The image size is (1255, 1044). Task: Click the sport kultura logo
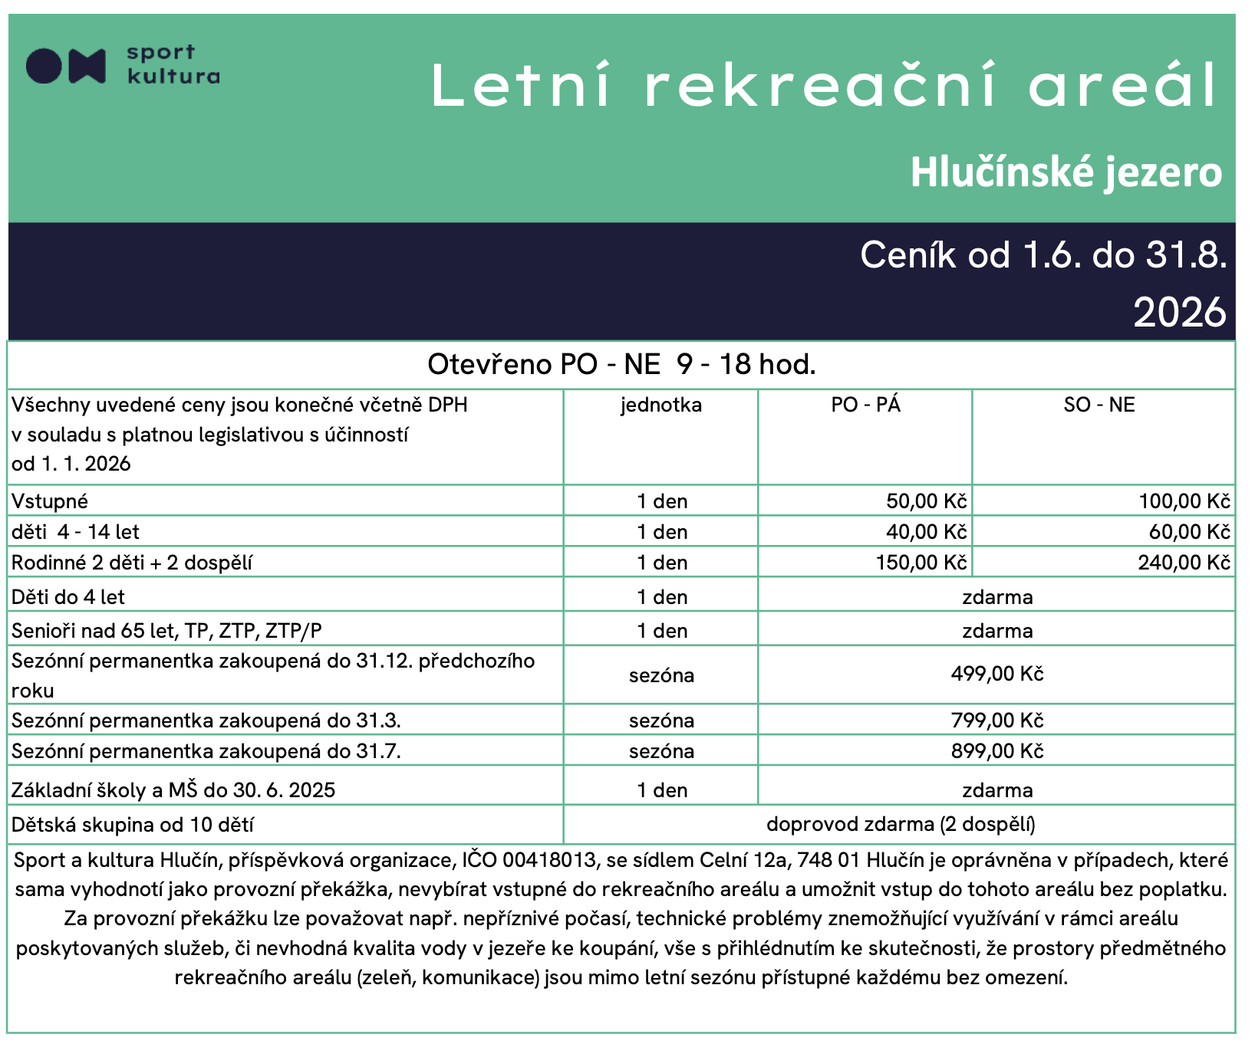click(x=123, y=65)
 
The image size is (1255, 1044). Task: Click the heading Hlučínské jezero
click(x=1066, y=172)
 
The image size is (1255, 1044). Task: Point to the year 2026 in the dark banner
click(x=1180, y=313)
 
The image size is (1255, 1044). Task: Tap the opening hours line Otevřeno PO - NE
click(x=621, y=364)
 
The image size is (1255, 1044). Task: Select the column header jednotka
click(x=661, y=405)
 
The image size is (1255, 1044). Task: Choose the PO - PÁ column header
click(x=865, y=405)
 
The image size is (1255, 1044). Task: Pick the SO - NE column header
click(x=1099, y=405)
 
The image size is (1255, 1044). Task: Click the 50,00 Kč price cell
click(x=926, y=501)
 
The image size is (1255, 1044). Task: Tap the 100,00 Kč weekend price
click(x=1184, y=501)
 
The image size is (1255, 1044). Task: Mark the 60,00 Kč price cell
click(x=1189, y=532)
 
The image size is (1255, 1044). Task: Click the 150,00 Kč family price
click(x=921, y=563)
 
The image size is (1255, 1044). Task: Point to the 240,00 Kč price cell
click(x=1184, y=563)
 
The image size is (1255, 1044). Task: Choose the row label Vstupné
click(x=50, y=501)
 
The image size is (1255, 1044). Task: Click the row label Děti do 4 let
click(x=68, y=597)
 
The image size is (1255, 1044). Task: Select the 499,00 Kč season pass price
click(x=997, y=675)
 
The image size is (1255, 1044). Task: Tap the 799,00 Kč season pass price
click(x=997, y=721)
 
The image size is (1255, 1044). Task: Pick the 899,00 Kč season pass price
click(x=997, y=751)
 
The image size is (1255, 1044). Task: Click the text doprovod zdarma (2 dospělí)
click(x=901, y=825)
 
